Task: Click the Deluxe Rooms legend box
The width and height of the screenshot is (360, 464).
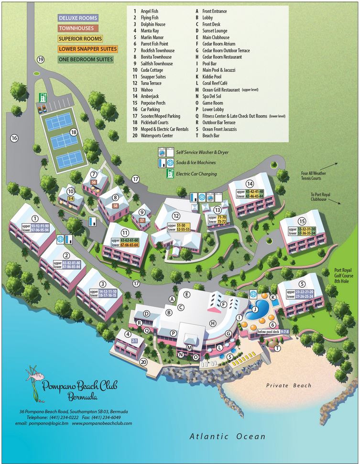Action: click(x=78, y=18)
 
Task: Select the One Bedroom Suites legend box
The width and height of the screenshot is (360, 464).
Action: click(x=85, y=60)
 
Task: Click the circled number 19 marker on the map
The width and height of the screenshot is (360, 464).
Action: click(x=41, y=59)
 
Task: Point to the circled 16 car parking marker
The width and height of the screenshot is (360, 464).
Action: click(x=14, y=138)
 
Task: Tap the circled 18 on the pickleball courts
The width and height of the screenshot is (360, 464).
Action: click(x=74, y=132)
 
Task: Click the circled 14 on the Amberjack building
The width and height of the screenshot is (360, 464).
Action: click(x=249, y=183)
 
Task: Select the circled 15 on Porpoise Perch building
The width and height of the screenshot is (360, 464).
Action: click(x=301, y=221)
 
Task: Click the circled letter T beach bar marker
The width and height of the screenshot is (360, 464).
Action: click(x=277, y=348)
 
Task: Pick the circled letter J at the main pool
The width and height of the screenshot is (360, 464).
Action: click(x=255, y=309)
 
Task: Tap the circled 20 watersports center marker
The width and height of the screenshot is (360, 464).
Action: click(x=143, y=362)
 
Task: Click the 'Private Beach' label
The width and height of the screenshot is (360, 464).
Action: click(x=289, y=386)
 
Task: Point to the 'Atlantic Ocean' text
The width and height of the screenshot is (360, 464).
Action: click(x=227, y=436)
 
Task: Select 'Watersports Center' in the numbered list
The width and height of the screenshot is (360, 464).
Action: click(x=156, y=135)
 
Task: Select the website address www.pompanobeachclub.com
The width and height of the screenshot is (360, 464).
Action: click(x=101, y=423)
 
